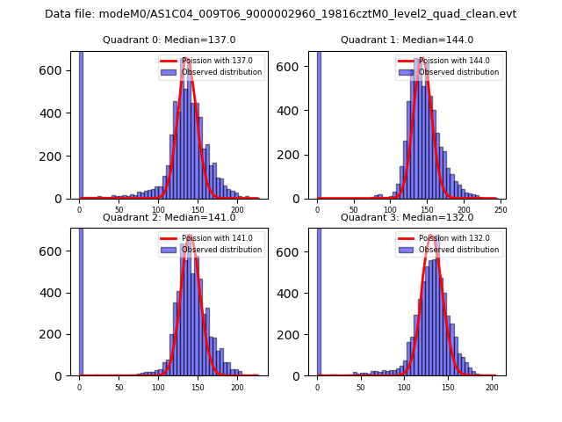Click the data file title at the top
pos(281,14)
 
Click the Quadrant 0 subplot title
pos(168,40)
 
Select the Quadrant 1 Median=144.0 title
pos(407,40)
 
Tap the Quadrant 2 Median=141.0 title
pos(169,217)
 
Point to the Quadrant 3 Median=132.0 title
pos(407,217)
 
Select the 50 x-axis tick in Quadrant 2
pos(119,385)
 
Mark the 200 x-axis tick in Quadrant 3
pos(492,385)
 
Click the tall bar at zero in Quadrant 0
pos(81,123)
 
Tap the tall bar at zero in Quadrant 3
pos(319,299)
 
